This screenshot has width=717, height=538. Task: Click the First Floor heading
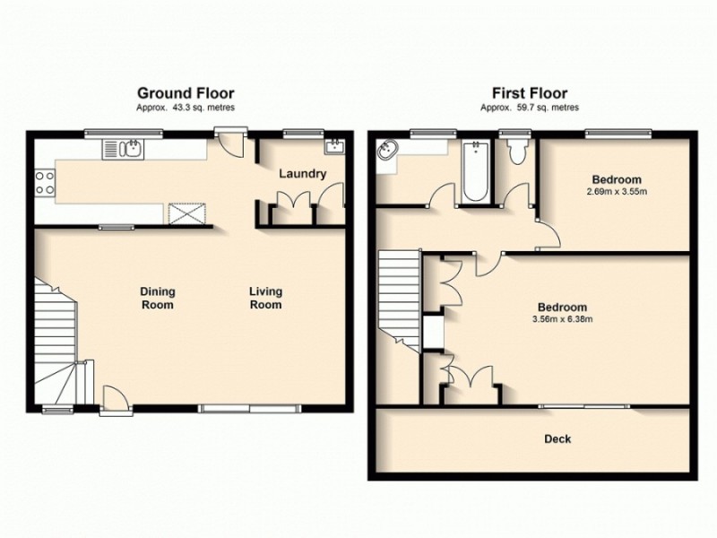[x=529, y=92]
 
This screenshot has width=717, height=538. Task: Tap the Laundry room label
[x=301, y=174]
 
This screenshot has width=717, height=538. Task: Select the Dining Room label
[x=158, y=298]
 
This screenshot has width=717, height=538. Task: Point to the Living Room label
[x=266, y=298]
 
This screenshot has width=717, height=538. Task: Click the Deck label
[x=557, y=439]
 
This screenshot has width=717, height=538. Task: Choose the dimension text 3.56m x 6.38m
[x=563, y=317]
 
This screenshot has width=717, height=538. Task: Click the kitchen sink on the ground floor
[x=122, y=148]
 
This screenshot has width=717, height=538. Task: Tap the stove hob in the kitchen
[x=44, y=183]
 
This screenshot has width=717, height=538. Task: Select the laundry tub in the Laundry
[x=333, y=146]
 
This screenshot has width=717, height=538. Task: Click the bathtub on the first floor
[x=476, y=170]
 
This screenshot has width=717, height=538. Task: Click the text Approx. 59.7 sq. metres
[x=529, y=107]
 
